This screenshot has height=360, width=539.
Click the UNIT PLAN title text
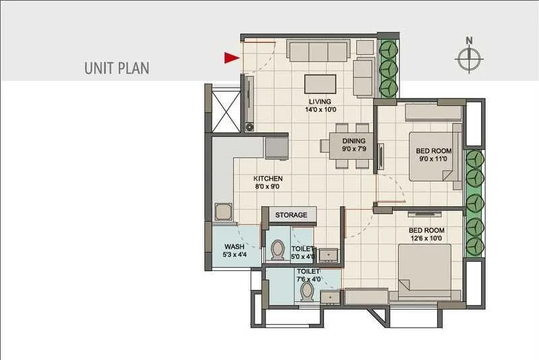tap(117, 68)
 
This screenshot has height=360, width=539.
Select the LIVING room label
tap(321, 102)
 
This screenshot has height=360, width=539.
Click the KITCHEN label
tap(267, 179)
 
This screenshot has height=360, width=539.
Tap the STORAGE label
tap(291, 215)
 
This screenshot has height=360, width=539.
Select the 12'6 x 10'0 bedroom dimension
tap(425, 238)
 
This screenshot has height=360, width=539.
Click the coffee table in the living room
tap(321, 84)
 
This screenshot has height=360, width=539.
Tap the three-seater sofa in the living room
tap(318, 51)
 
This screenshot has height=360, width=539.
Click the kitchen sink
tap(223, 212)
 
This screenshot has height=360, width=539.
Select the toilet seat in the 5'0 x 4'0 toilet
tap(277, 251)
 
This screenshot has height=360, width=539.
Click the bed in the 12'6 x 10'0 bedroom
tap(424, 272)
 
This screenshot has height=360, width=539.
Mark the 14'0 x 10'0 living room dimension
tap(320, 109)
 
